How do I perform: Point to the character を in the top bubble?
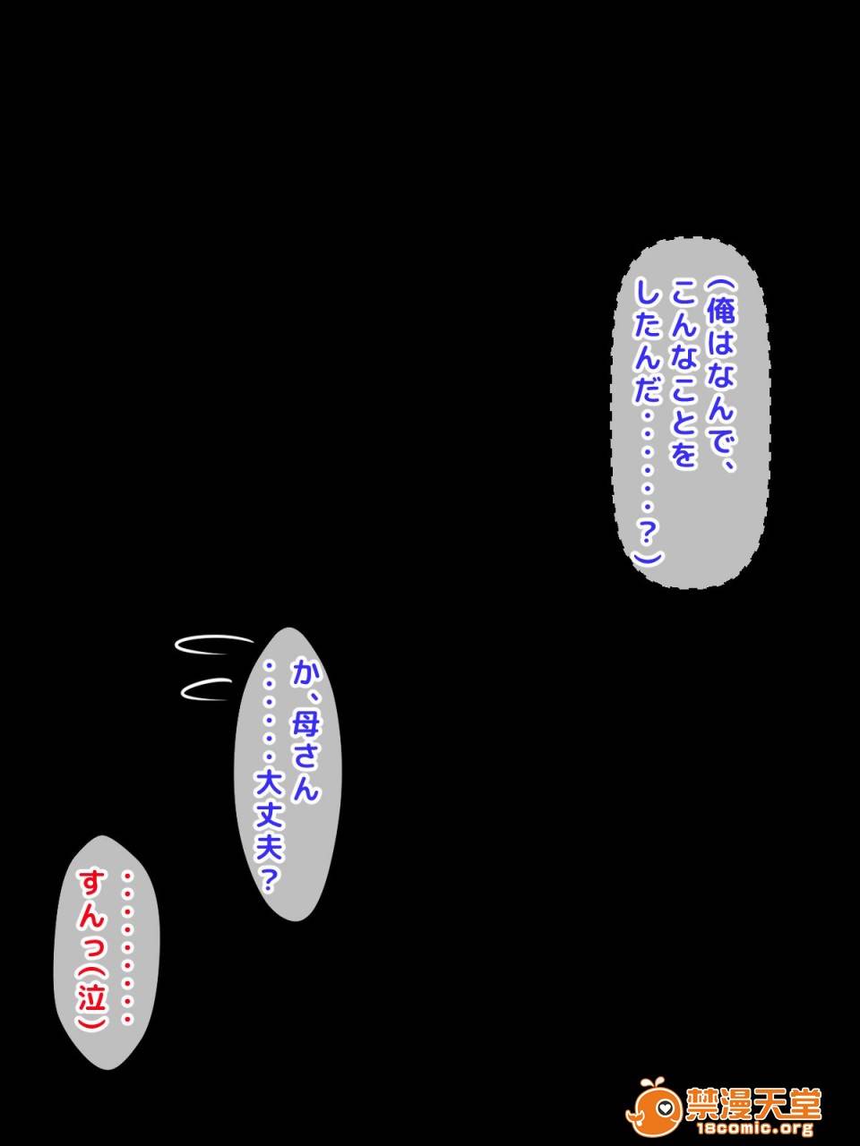click(684, 457)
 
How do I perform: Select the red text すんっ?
click(92, 912)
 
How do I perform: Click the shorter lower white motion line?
click(208, 688)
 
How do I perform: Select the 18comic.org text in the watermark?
click(752, 1130)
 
